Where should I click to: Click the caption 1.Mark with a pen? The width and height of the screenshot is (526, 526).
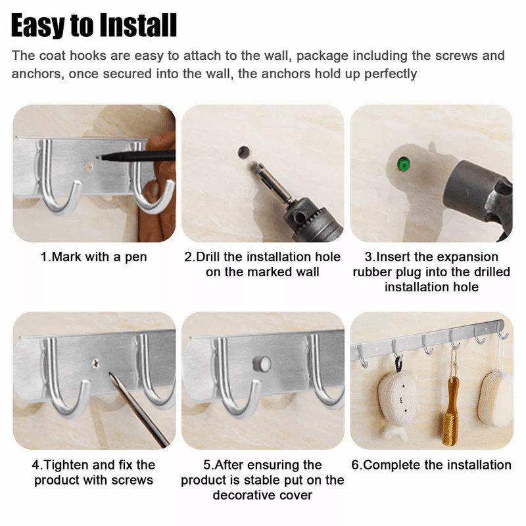93,257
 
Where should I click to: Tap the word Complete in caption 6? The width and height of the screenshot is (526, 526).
392,465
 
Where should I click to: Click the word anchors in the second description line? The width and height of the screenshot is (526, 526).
39,74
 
